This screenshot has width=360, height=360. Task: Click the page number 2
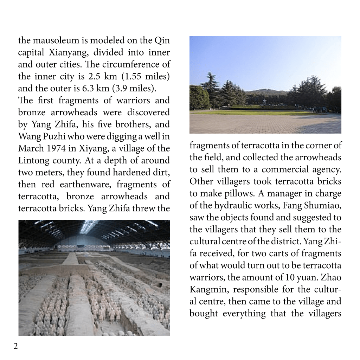coord(15,346)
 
